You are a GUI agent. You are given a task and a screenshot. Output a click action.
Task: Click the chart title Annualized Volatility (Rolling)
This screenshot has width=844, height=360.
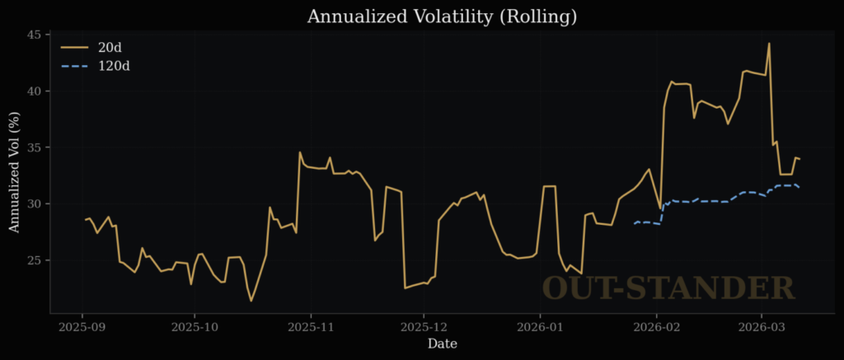(x=442, y=16)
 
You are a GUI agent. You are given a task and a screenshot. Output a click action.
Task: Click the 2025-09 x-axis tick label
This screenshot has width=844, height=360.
(x=82, y=326)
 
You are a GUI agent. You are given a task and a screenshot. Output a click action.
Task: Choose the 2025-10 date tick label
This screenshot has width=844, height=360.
(x=195, y=326)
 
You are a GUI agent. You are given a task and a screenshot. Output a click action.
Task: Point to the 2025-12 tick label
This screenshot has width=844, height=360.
(x=424, y=326)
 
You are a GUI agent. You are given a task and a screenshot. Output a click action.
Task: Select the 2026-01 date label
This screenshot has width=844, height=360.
(x=540, y=326)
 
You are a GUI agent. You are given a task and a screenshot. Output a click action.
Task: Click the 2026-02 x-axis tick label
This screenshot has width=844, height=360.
(x=657, y=326)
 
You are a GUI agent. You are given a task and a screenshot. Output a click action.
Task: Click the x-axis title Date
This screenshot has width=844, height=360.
(x=442, y=344)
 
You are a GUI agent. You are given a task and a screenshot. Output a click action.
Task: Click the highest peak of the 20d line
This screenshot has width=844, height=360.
(x=769, y=44)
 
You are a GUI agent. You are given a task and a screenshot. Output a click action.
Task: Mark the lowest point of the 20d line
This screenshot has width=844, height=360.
(x=251, y=301)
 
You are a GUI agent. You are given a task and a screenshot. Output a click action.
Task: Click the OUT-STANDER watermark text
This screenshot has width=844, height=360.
(x=668, y=288)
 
